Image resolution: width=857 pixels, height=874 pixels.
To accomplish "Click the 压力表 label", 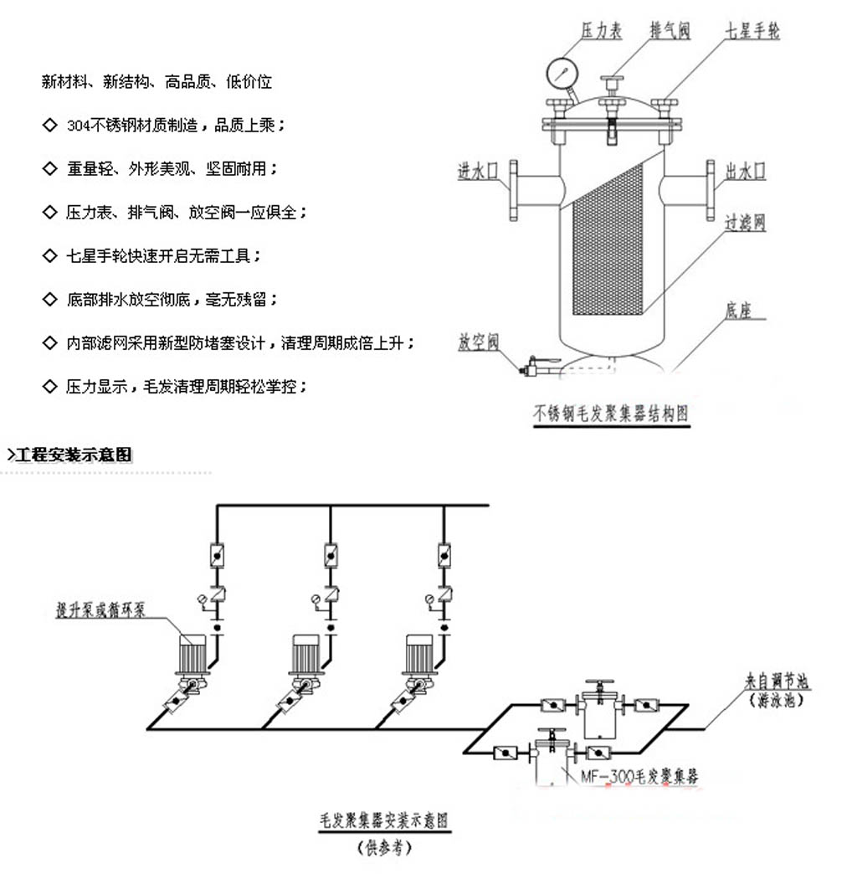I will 602,31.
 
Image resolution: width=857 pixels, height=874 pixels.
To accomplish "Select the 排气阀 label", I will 670,31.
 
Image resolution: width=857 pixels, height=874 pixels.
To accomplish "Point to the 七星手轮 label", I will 752,31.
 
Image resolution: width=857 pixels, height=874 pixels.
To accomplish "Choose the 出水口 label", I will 746,172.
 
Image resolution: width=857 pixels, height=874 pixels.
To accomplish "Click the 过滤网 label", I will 745,223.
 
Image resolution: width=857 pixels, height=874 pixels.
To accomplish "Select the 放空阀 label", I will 478,342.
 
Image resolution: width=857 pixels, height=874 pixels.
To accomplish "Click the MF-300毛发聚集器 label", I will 640,777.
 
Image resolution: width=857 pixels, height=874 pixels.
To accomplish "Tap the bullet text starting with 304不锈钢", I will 177,126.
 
